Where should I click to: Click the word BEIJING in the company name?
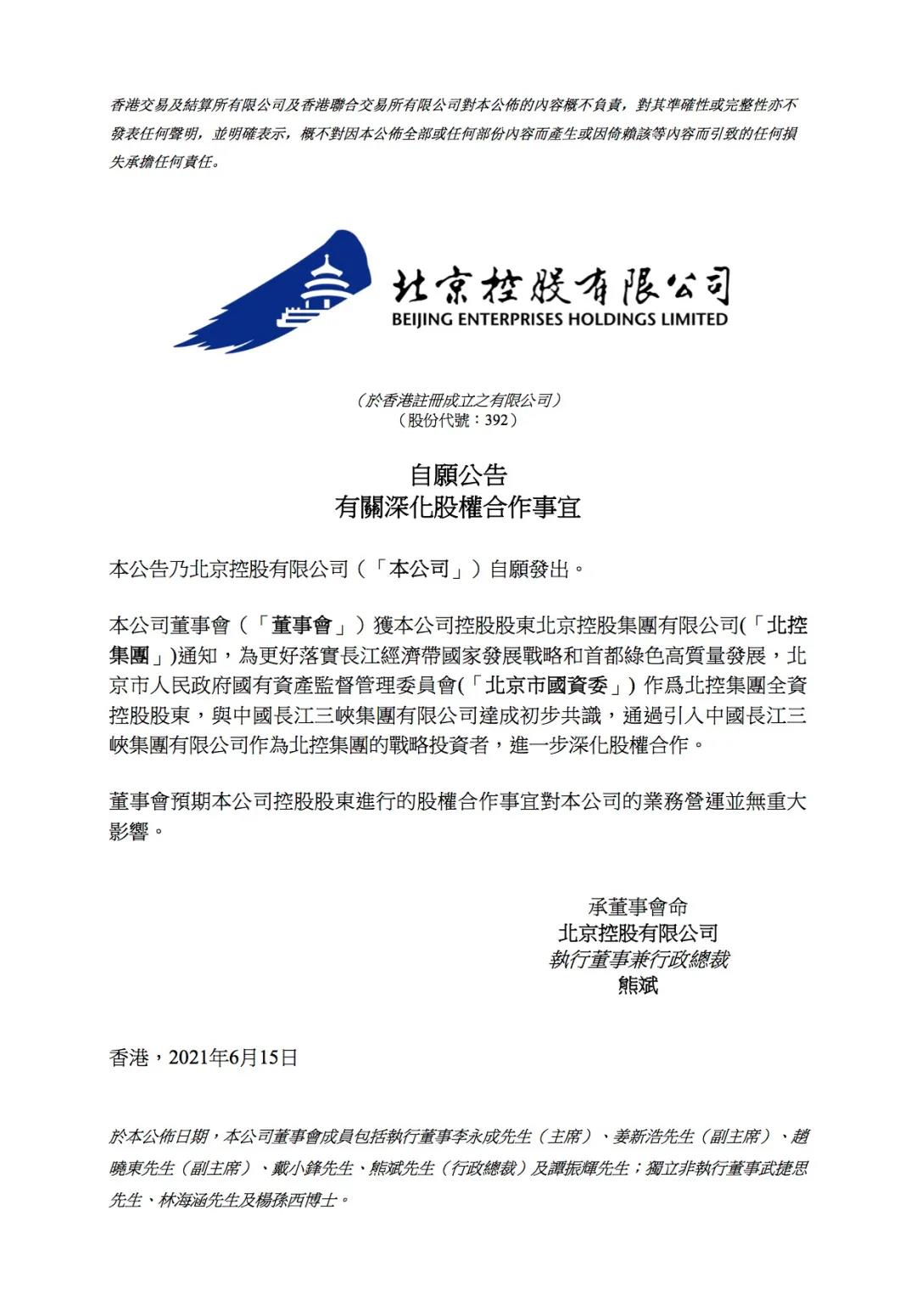point(422,320)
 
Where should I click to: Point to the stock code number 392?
point(495,420)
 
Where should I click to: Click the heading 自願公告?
point(458,475)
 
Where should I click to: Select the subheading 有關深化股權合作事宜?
point(458,508)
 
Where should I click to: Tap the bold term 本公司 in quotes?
point(419,569)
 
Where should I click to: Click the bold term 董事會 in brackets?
point(301,626)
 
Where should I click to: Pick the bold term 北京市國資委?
point(547,686)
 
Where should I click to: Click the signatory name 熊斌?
point(638,986)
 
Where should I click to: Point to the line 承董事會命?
point(638,906)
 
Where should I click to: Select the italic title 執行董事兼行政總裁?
point(638,960)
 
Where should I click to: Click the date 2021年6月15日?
point(233,1058)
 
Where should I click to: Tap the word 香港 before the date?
point(129,1058)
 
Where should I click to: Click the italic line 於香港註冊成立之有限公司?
point(458,401)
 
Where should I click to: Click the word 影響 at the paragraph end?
point(129,832)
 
